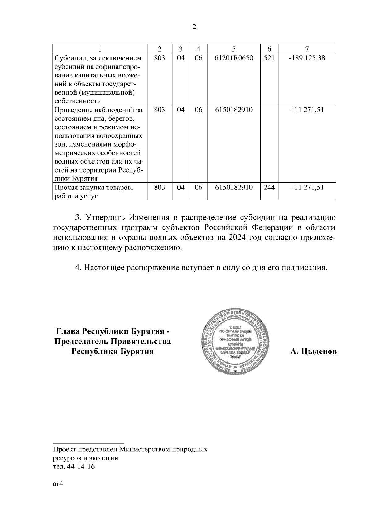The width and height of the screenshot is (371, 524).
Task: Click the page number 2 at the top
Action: coord(194,27)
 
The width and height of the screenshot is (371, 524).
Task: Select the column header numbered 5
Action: coord(234,49)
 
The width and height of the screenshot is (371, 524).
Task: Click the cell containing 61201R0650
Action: coord(234,58)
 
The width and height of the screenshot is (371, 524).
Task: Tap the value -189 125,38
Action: coord(307,58)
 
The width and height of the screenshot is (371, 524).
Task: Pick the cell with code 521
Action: coord(269,58)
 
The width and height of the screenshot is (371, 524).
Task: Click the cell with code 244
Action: coord(269,187)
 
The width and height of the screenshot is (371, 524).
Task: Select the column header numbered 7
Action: coord(307,49)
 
